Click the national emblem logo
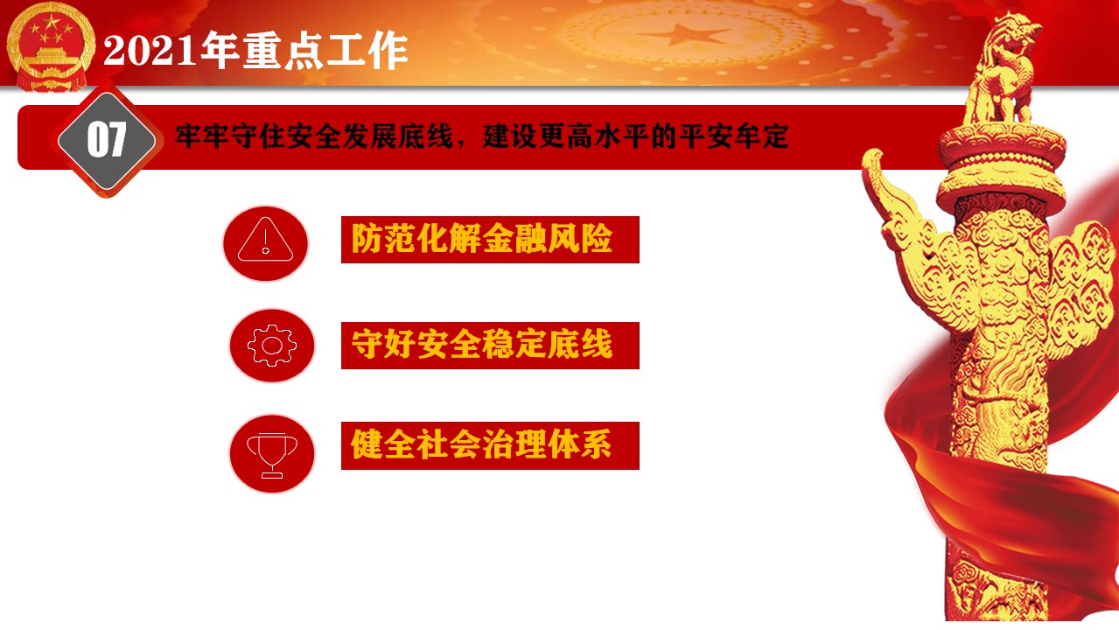(50, 47)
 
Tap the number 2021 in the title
(150, 51)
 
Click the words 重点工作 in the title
(304, 50)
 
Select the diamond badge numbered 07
(107, 140)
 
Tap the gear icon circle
(272, 346)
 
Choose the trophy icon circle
(272, 453)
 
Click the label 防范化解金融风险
(482, 238)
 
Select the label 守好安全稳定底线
(482, 344)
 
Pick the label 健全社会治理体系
(481, 444)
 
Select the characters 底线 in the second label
(580, 344)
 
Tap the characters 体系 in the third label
(579, 444)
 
